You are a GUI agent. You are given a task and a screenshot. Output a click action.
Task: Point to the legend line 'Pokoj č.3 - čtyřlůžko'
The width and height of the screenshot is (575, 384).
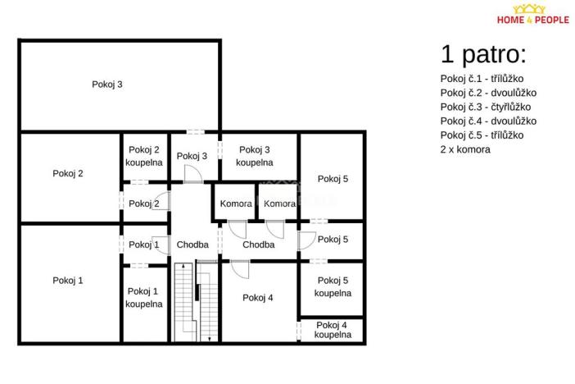coord(486,107)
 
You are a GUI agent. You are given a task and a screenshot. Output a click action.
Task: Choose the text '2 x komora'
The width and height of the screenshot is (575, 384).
coord(465,149)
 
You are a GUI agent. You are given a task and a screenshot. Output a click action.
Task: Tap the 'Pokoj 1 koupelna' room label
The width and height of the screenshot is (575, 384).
coord(144,297)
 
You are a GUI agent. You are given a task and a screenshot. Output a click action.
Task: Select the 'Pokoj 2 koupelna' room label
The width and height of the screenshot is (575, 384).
coord(144,155)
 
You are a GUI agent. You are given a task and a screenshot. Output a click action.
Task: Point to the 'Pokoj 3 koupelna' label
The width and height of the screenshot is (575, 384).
coord(255,155)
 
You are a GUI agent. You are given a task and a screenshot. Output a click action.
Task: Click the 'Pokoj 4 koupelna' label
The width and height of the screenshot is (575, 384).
coord(333,330)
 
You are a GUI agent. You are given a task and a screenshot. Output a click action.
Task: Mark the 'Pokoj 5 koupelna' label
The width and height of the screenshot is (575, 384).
coord(333,286)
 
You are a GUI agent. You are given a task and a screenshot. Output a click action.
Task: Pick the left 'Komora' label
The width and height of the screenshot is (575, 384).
coord(236,203)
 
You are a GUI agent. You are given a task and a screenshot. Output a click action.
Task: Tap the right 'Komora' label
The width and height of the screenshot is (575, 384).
coord(279,203)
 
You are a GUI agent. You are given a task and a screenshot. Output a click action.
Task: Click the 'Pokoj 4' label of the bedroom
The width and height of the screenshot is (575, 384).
coord(258,298)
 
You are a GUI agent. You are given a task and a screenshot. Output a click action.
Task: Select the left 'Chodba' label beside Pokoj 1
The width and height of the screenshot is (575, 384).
coord(192,245)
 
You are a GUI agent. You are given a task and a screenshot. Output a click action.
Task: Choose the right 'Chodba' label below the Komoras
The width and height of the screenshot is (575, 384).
coord(258,245)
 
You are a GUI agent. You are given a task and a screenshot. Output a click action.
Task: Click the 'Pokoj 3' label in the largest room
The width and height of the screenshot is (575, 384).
coord(107,84)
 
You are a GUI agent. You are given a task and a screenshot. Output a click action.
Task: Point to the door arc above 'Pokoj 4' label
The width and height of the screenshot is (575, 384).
coord(238,268)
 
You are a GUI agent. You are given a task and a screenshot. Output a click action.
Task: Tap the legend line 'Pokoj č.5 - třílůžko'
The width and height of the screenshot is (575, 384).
coord(482,135)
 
